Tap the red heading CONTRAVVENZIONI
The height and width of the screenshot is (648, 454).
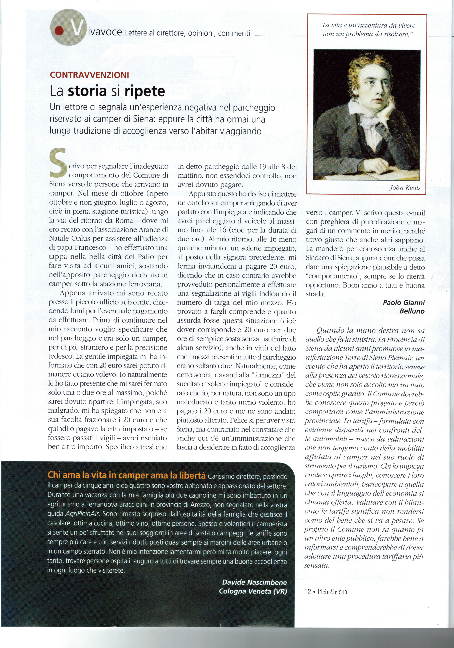pos(90,75)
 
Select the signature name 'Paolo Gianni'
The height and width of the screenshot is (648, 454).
pos(403,303)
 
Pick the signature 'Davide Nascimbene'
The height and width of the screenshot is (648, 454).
pos(254,582)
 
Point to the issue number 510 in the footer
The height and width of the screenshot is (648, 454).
pos(343,592)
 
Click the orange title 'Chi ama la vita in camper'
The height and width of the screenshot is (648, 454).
pos(126,475)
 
